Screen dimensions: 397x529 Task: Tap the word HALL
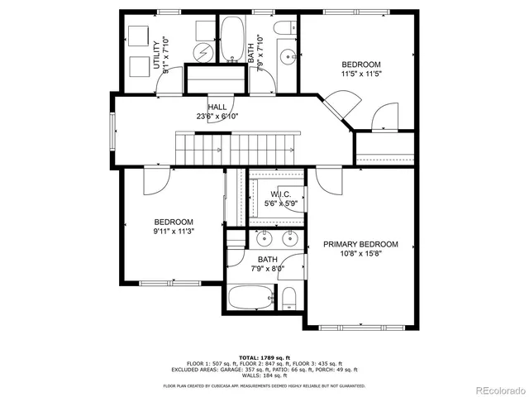(x=217, y=108)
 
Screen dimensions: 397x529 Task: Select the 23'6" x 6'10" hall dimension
(x=217, y=117)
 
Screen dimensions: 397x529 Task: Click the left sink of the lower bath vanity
(x=264, y=241)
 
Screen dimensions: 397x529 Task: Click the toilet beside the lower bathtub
(x=288, y=298)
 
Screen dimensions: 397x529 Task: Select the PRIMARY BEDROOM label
(x=360, y=244)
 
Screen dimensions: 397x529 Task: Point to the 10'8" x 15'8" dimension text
(x=360, y=255)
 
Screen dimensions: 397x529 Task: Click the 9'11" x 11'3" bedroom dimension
(x=174, y=232)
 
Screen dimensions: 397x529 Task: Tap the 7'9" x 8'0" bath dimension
(x=266, y=268)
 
